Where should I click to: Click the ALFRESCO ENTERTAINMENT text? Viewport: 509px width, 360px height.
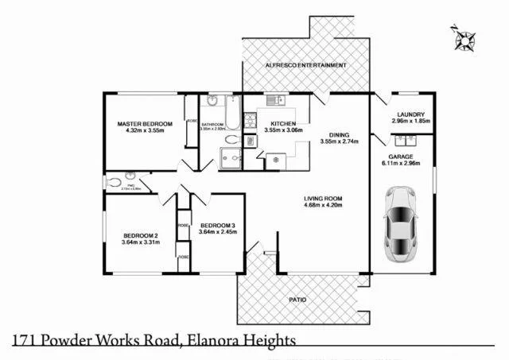click(x=294, y=64)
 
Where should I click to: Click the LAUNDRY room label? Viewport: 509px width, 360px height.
click(x=410, y=114)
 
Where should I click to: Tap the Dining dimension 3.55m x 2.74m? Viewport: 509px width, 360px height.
click(x=340, y=142)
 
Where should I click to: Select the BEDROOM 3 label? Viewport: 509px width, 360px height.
click(x=218, y=225)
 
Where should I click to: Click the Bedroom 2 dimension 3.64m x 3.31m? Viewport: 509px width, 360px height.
click(x=141, y=242)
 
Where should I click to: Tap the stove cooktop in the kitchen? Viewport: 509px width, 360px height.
click(x=250, y=122)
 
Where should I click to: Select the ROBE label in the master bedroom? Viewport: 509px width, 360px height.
click(x=191, y=122)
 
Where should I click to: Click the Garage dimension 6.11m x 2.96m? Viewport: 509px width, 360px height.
click(x=404, y=164)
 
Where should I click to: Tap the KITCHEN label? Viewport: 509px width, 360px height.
click(x=283, y=125)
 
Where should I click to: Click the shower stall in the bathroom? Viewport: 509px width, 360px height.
click(x=231, y=160)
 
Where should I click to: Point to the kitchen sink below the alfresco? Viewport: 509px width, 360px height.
click(x=274, y=100)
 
